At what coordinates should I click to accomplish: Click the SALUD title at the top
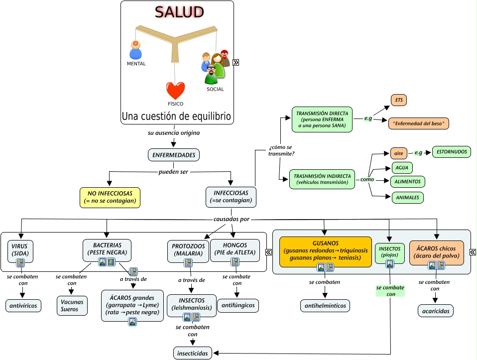(x=179, y=12)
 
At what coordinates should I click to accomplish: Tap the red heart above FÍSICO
(x=175, y=91)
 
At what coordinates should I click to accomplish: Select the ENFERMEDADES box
(x=174, y=155)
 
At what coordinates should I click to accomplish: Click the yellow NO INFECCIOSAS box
(x=110, y=198)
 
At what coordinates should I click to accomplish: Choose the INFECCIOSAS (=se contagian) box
(x=231, y=197)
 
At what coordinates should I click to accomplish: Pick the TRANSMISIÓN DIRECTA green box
(x=322, y=120)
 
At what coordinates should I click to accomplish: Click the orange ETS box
(x=399, y=100)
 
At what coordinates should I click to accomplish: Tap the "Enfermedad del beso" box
(x=418, y=123)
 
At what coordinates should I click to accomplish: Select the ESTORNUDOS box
(x=451, y=151)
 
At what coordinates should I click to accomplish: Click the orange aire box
(x=399, y=152)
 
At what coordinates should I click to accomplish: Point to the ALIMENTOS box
(x=408, y=182)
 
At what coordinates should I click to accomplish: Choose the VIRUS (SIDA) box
(x=20, y=250)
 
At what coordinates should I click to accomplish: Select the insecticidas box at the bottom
(x=192, y=353)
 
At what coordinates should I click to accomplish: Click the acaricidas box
(x=435, y=311)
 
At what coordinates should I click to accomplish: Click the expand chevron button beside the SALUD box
(x=236, y=63)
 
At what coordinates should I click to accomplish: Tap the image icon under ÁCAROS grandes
(x=132, y=322)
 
